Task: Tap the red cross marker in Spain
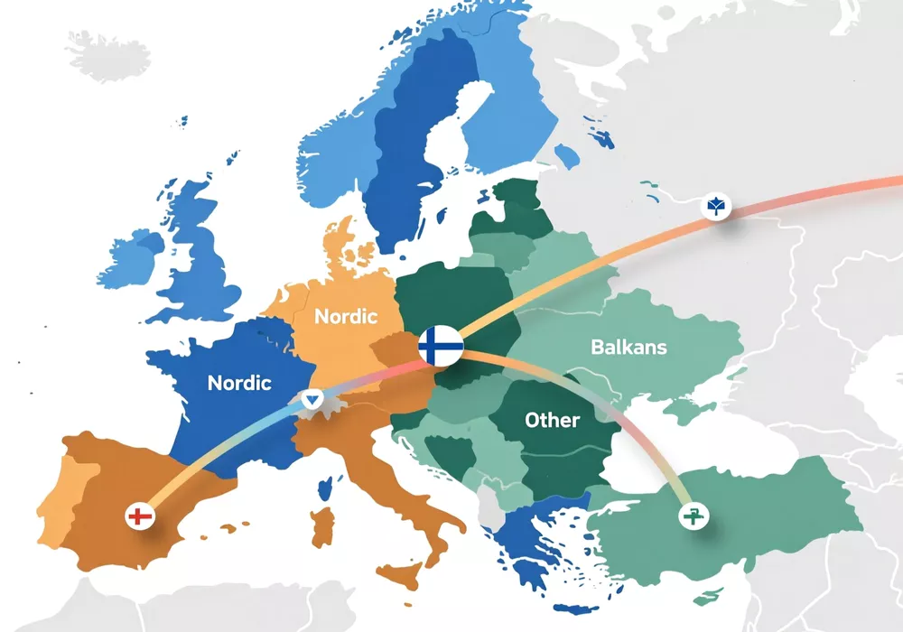(x=138, y=517)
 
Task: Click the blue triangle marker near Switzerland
(x=312, y=398)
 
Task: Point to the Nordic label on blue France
(x=239, y=383)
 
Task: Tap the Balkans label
(x=628, y=347)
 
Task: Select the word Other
(x=552, y=420)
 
